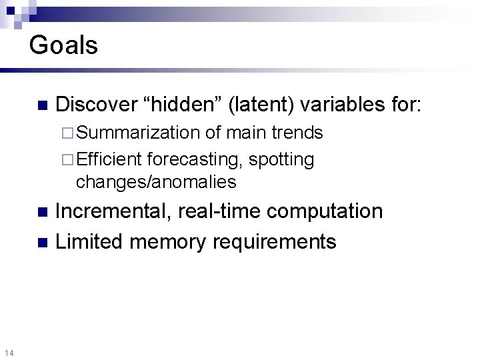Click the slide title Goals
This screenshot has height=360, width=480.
pyautogui.click(x=64, y=45)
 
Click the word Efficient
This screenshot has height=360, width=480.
pyautogui.click(x=110, y=160)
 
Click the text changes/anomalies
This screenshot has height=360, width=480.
pyautogui.click(x=156, y=181)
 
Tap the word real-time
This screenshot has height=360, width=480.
pyautogui.click(x=210, y=212)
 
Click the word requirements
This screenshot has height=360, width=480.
pyautogui.click(x=275, y=241)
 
